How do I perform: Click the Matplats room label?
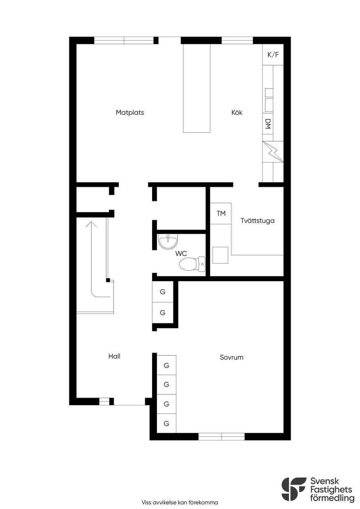point(130,112)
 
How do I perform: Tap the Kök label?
point(237,112)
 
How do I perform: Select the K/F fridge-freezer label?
point(273,54)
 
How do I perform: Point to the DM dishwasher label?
point(268,124)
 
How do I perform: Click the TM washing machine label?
point(221,213)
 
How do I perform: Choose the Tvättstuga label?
point(257,221)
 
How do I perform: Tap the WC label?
point(181,253)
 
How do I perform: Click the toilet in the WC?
point(192,264)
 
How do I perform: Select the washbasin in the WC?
point(168,242)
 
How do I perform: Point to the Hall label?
point(114,356)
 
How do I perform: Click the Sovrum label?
point(232,357)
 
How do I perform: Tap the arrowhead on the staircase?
point(91,224)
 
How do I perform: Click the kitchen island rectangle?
point(197,88)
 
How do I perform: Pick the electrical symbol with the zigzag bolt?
point(273,152)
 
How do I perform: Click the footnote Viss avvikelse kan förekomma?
point(180,502)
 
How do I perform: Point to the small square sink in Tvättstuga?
point(220,255)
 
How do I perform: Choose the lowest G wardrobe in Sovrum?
point(167,423)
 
